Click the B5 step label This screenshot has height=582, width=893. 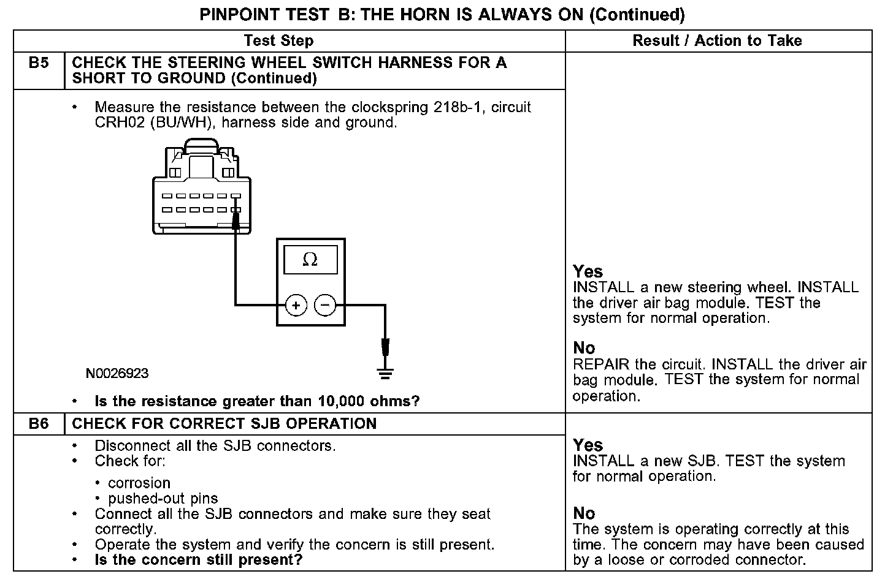point(39,62)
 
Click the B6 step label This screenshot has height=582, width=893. point(39,424)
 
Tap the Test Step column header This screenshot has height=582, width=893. point(278,41)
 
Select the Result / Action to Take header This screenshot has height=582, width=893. point(717,41)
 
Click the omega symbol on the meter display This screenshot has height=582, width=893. point(310,260)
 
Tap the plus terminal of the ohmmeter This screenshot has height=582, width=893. point(296,304)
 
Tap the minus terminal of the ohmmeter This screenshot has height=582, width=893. point(326,304)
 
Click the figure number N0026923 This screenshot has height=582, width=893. point(117,374)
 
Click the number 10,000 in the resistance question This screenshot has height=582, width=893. point(340,401)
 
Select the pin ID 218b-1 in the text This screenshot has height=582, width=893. point(459,107)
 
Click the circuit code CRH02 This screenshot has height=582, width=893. point(115,123)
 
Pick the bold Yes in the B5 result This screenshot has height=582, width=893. point(588,271)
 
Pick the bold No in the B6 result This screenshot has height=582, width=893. point(584,513)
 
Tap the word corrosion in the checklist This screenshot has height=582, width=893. point(139,483)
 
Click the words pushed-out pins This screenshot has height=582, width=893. point(163,499)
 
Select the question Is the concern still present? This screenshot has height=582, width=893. point(199,559)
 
